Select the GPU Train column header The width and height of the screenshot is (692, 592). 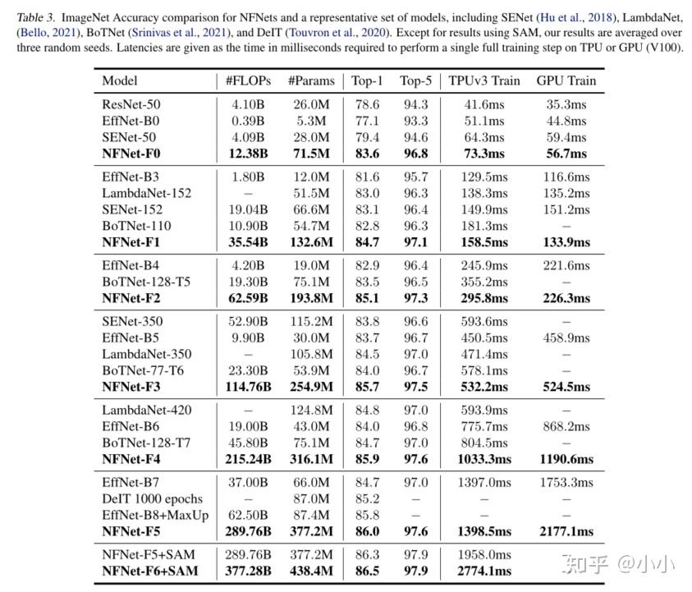(566, 80)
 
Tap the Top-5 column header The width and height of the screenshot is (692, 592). (415, 80)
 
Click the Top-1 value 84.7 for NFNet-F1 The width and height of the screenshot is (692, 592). (366, 242)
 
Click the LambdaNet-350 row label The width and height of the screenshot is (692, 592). (147, 354)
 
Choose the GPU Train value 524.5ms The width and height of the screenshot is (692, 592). (566, 387)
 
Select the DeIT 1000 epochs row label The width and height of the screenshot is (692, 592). (152, 498)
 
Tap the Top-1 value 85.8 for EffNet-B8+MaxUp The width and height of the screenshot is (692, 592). (366, 515)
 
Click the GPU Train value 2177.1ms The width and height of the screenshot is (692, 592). (566, 531)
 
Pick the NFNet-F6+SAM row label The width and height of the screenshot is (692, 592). (149, 571)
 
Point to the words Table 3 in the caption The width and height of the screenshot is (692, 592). (37, 16)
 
